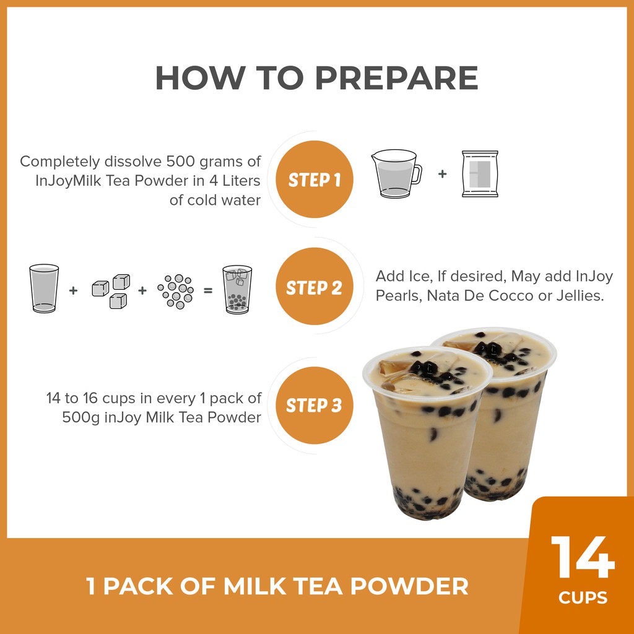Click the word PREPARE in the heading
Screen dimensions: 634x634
coord(396,77)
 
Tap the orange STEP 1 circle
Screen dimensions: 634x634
coord(314,179)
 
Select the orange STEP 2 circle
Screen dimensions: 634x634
coord(314,286)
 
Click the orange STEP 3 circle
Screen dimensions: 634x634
coord(314,405)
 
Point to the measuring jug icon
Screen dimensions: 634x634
coord(396,174)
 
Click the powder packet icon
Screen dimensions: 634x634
coord(480,174)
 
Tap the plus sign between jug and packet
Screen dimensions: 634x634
coord(442,174)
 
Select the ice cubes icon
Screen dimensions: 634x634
coord(111,291)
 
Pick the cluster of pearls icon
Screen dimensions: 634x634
coord(175,291)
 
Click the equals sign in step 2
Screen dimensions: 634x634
coord(208,290)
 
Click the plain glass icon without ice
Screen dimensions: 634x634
coord(44,289)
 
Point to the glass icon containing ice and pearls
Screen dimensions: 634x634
coord(237,289)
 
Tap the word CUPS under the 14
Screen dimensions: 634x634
coord(583,597)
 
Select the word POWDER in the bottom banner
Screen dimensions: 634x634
coord(409,586)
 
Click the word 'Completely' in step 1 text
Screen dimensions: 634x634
coord(60,162)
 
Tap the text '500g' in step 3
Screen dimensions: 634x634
coord(81,417)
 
